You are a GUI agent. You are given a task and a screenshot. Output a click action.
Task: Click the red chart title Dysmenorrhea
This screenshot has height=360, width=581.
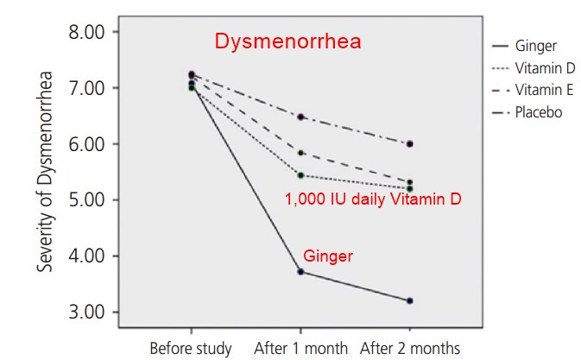pyautogui.click(x=287, y=41)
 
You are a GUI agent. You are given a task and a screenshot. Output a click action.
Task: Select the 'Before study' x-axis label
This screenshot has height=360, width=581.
pyautogui.click(x=191, y=349)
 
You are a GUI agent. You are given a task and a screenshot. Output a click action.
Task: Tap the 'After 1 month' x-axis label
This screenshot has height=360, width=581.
pyautogui.click(x=300, y=349)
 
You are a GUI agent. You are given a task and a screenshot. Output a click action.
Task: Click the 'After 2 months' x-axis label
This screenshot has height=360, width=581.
pyautogui.click(x=409, y=349)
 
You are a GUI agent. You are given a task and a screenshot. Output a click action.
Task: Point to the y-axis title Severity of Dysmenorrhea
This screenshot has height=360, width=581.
pyautogui.click(x=43, y=172)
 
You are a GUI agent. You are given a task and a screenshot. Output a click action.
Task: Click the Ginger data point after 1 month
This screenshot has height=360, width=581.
pyautogui.click(x=300, y=272)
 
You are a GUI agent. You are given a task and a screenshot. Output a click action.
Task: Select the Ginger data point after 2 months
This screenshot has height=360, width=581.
pyautogui.click(x=409, y=300)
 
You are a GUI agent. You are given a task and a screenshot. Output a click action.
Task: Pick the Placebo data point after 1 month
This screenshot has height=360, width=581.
pyautogui.click(x=300, y=117)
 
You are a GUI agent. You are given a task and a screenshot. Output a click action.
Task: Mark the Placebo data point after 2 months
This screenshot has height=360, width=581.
pyautogui.click(x=409, y=144)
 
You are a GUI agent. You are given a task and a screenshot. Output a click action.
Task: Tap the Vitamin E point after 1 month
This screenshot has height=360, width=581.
pyautogui.click(x=300, y=153)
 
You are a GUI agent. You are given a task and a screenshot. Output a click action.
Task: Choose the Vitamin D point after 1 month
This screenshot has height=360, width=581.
pyautogui.click(x=300, y=175)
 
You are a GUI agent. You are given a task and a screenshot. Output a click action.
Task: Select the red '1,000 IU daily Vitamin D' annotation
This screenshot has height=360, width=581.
pyautogui.click(x=373, y=199)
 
